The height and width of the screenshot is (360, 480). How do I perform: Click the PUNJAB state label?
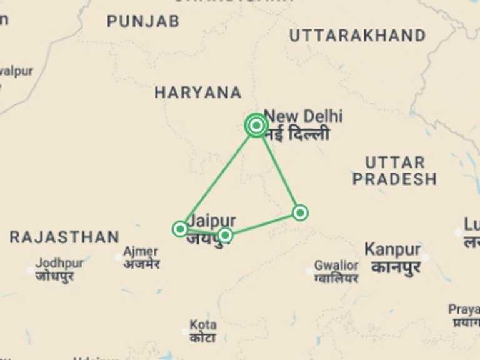click(143, 21)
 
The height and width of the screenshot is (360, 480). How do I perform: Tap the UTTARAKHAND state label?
click(357, 36)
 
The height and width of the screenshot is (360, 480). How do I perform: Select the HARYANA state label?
click(198, 92)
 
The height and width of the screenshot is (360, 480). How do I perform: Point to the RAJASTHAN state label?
click(64, 237)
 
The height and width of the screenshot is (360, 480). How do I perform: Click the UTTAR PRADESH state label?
click(394, 171)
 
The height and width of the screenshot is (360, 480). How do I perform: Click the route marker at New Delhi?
click(256, 126)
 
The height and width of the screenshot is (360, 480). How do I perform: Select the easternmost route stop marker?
click(300, 213)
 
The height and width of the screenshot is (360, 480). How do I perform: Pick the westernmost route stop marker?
click(180, 229)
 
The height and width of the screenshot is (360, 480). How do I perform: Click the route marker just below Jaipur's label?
click(225, 235)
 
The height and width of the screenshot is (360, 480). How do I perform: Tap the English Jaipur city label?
click(212, 221)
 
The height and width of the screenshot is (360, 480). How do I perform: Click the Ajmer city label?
click(141, 252)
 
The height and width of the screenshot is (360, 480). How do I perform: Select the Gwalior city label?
click(336, 266)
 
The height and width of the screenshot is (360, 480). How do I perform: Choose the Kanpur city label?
click(392, 249)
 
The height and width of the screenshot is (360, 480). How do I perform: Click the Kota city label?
click(202, 325)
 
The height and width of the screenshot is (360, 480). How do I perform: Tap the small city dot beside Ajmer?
click(119, 257)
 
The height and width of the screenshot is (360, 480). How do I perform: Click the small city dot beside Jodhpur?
click(30, 271)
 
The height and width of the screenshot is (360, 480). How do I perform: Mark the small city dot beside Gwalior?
click(309, 271)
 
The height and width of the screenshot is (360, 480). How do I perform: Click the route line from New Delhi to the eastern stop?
click(279, 171)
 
